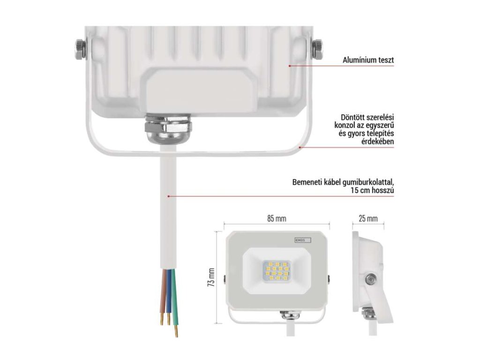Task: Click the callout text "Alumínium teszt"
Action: click(x=368, y=60)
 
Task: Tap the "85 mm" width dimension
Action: click(x=277, y=218)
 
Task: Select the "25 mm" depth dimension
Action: click(x=368, y=218)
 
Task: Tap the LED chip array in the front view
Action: click(x=277, y=272)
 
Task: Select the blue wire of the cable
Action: click(x=168, y=295)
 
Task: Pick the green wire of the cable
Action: click(x=174, y=300)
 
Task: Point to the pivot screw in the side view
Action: click(x=371, y=279)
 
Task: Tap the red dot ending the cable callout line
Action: click(x=169, y=195)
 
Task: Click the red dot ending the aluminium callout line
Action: click(x=290, y=66)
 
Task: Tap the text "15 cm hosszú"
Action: click(x=371, y=191)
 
